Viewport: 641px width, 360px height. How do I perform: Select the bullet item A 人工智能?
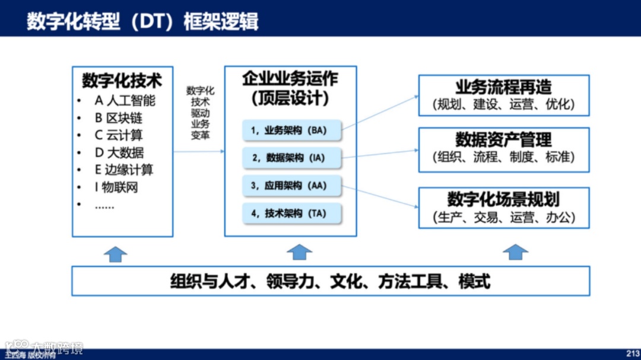(x=125, y=100)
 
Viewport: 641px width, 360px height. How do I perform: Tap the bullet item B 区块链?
(x=119, y=117)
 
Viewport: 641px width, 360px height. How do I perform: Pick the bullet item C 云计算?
(x=119, y=135)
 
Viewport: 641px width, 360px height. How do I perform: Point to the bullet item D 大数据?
(x=119, y=152)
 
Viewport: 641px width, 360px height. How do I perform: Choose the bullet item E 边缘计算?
(x=124, y=170)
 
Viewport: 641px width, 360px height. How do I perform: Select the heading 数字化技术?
(x=122, y=81)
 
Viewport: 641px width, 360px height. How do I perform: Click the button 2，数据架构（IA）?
(x=292, y=158)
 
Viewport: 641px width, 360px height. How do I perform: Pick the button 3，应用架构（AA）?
(x=292, y=186)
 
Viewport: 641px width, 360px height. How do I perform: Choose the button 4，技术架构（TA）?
(x=292, y=214)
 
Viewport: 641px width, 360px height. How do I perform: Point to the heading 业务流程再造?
(x=503, y=87)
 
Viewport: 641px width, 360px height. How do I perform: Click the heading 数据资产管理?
(x=503, y=139)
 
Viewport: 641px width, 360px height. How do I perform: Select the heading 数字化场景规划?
(x=503, y=199)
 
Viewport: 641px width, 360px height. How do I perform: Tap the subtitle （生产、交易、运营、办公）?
(x=504, y=217)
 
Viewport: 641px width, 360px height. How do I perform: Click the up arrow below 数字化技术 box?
(x=116, y=253)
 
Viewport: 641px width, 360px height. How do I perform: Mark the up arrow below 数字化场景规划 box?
(x=515, y=252)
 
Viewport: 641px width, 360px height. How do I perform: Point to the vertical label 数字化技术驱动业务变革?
(x=200, y=113)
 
